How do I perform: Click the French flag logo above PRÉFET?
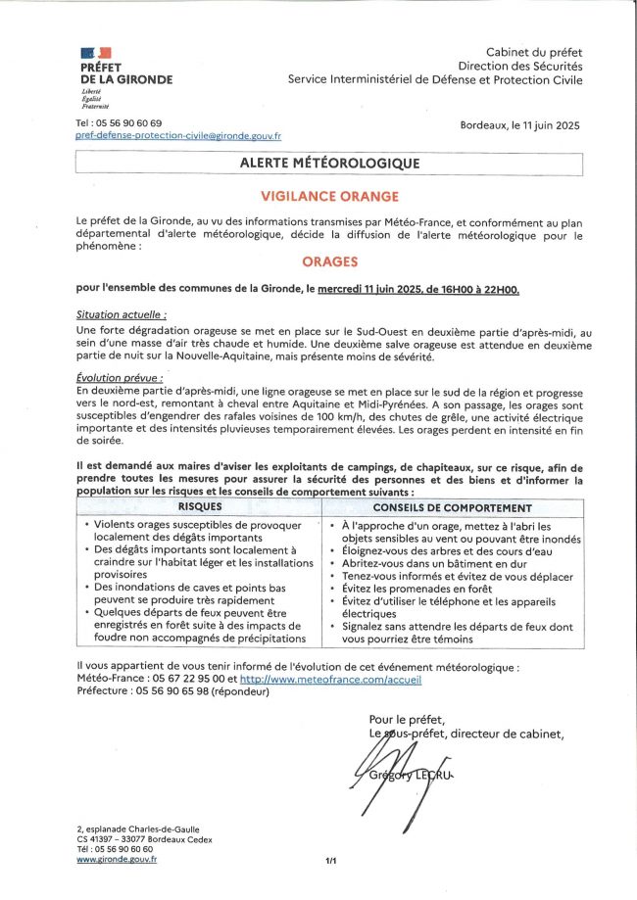(x=95, y=52)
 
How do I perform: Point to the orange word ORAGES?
(x=329, y=261)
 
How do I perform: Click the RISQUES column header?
(x=199, y=508)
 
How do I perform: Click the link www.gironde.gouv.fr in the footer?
(x=117, y=859)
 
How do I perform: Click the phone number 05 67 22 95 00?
(x=184, y=678)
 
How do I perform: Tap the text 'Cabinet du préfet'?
(x=533, y=51)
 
